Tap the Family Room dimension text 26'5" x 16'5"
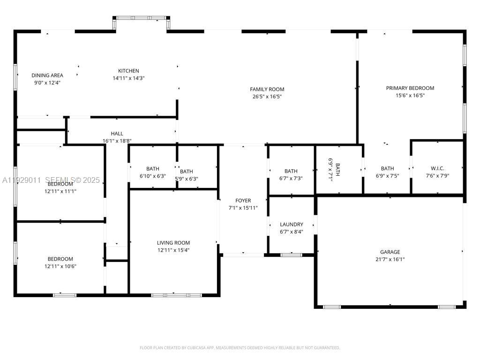[x=267, y=97]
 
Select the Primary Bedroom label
[x=410, y=88]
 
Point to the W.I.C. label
[x=437, y=168]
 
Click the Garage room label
[x=390, y=252]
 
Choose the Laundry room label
[x=291, y=225]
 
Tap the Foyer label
[x=243, y=201]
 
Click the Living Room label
[x=173, y=243]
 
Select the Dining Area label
[x=47, y=75]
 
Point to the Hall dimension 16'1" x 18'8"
[x=117, y=141]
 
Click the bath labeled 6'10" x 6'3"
[x=152, y=176]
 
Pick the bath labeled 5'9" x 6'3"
[x=186, y=179]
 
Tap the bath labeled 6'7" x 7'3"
[x=291, y=178]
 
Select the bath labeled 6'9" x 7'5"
[x=387, y=176]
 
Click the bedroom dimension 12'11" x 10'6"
[x=60, y=266]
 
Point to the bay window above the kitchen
[x=141, y=18]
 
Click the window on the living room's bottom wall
[x=176, y=295]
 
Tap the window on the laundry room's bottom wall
[x=291, y=255]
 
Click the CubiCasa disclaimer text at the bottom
[x=240, y=347]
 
